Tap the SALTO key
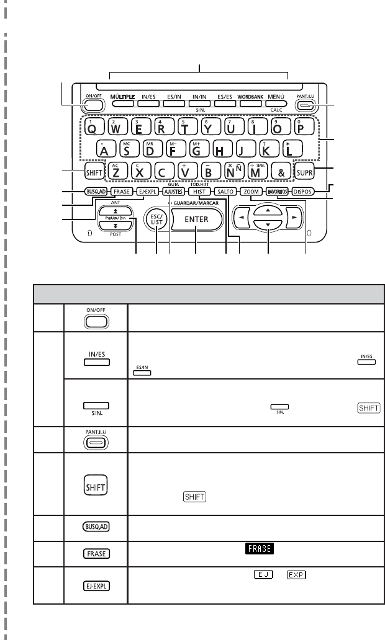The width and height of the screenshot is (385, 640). tap(226, 192)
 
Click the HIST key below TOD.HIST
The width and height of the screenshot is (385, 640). tap(200, 192)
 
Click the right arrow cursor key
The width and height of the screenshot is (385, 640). tap(298, 220)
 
